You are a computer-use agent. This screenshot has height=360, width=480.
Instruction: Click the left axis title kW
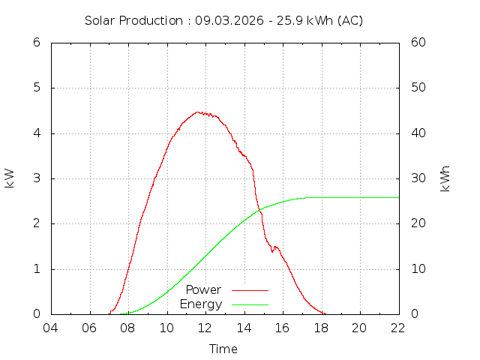pos(10,178)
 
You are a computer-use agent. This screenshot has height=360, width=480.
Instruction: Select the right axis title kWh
pos(445,178)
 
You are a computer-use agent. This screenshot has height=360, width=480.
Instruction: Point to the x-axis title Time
pos(223,349)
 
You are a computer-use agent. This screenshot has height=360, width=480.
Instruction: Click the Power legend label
pos(203,289)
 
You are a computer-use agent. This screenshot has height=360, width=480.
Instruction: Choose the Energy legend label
pos(201,304)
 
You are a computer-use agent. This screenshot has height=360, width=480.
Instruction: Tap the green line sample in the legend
pos(250,304)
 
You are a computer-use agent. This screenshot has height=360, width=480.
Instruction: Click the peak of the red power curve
pos(199,112)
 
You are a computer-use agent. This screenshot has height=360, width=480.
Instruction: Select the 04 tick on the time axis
pos(51,328)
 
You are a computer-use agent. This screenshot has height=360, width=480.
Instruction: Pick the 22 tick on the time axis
pos(398,328)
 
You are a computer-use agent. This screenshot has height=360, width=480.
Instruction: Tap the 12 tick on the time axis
pos(205,328)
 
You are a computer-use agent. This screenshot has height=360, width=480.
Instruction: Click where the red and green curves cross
pos(259,210)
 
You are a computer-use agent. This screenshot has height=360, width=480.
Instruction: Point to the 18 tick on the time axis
pos(321,328)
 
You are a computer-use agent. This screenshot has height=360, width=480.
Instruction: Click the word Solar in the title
pos(100,21)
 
